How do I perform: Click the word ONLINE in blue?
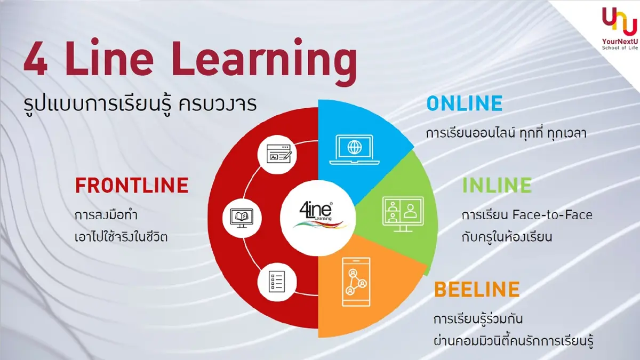[x=465, y=103]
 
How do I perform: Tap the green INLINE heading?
[x=497, y=185]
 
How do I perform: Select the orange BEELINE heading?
[x=476, y=290]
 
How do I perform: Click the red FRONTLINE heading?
[x=132, y=185]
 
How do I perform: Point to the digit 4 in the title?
[x=34, y=63]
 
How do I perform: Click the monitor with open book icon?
[x=238, y=216]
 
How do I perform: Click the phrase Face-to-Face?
[x=552, y=215]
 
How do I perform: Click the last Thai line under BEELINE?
[x=514, y=339]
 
